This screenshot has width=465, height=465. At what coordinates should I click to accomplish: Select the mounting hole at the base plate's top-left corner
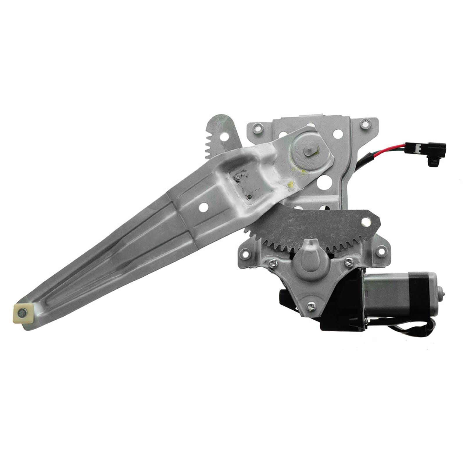[257, 127]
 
